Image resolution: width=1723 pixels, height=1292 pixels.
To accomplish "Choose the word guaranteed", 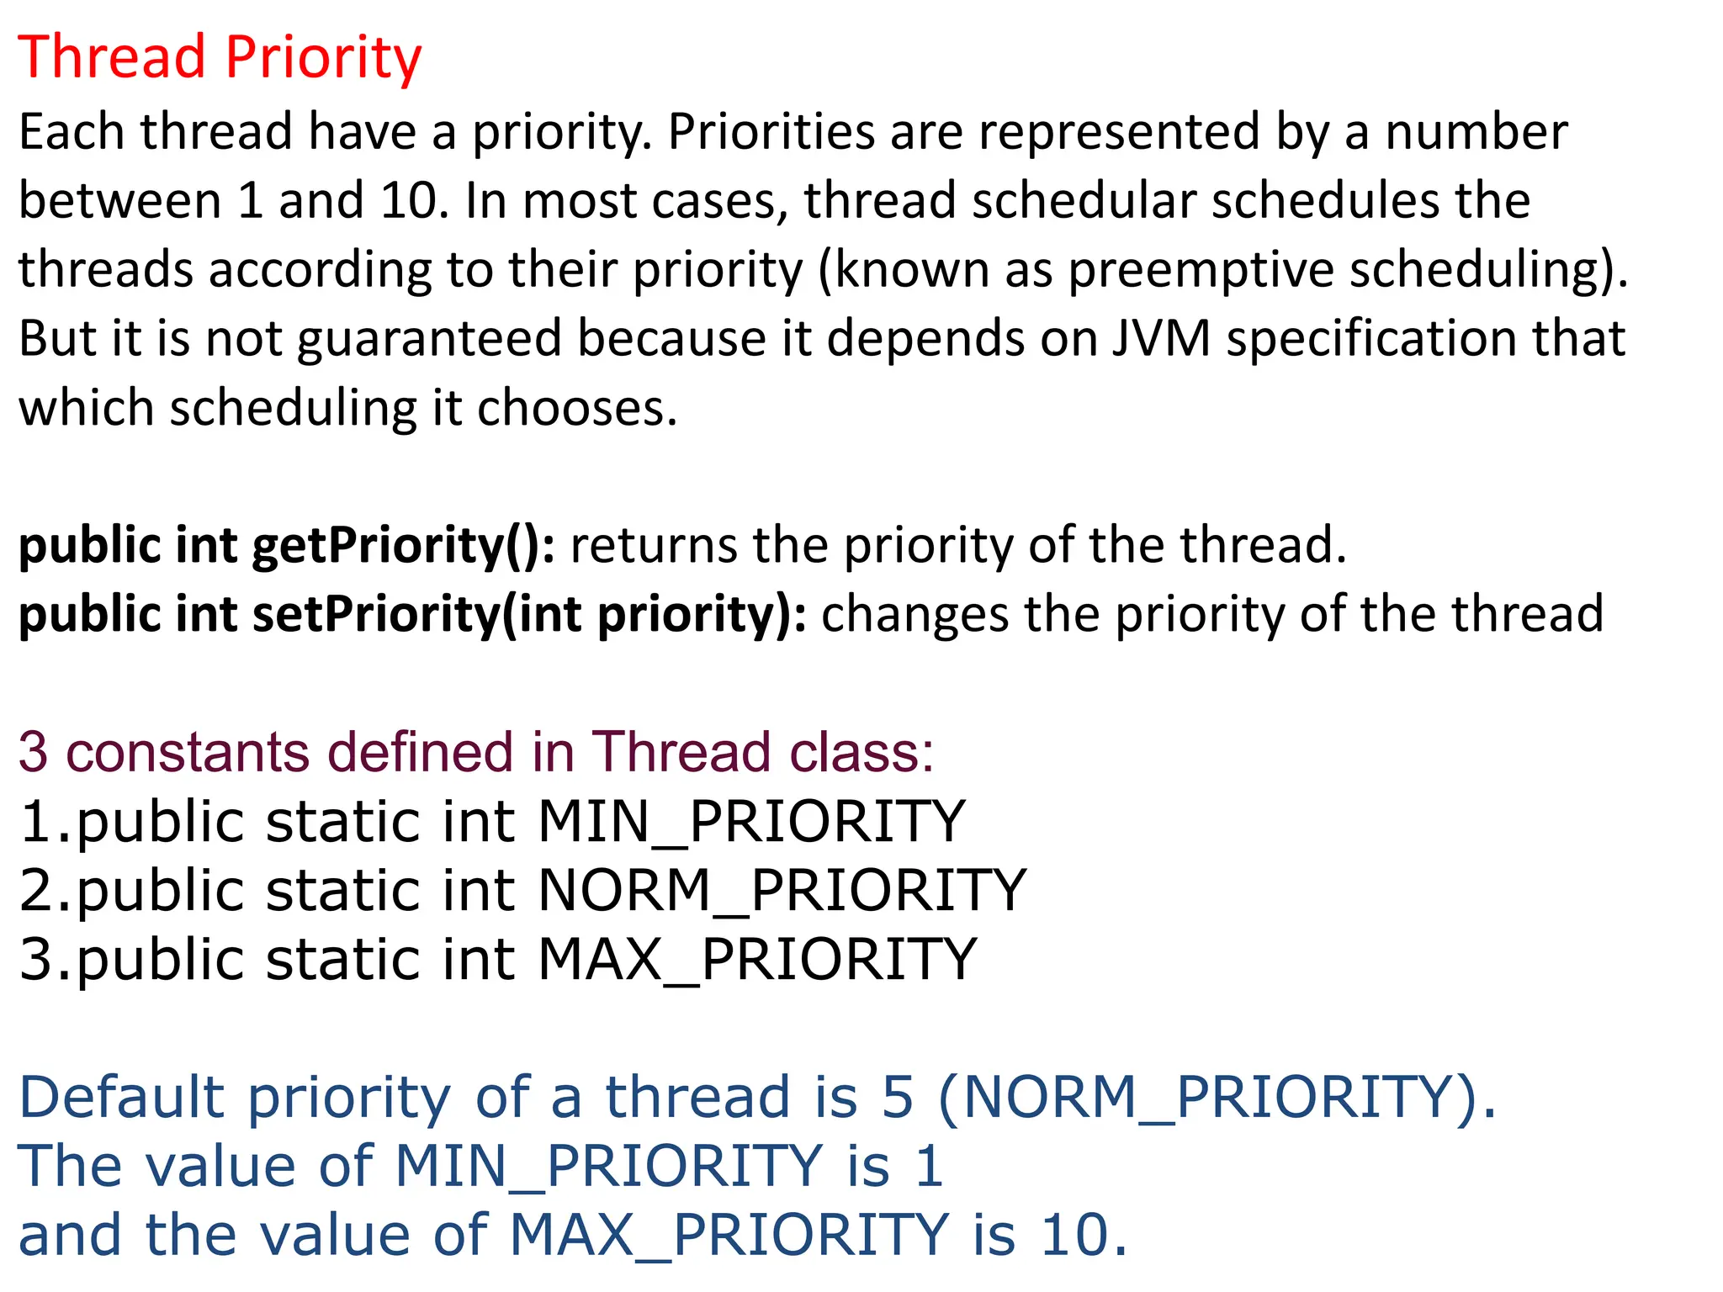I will [428, 339].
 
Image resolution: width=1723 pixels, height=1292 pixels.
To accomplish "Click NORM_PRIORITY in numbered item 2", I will [782, 891].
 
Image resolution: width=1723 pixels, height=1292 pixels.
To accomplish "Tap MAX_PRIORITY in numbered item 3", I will [756, 960].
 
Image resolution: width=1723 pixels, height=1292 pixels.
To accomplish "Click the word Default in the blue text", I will [122, 1098].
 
